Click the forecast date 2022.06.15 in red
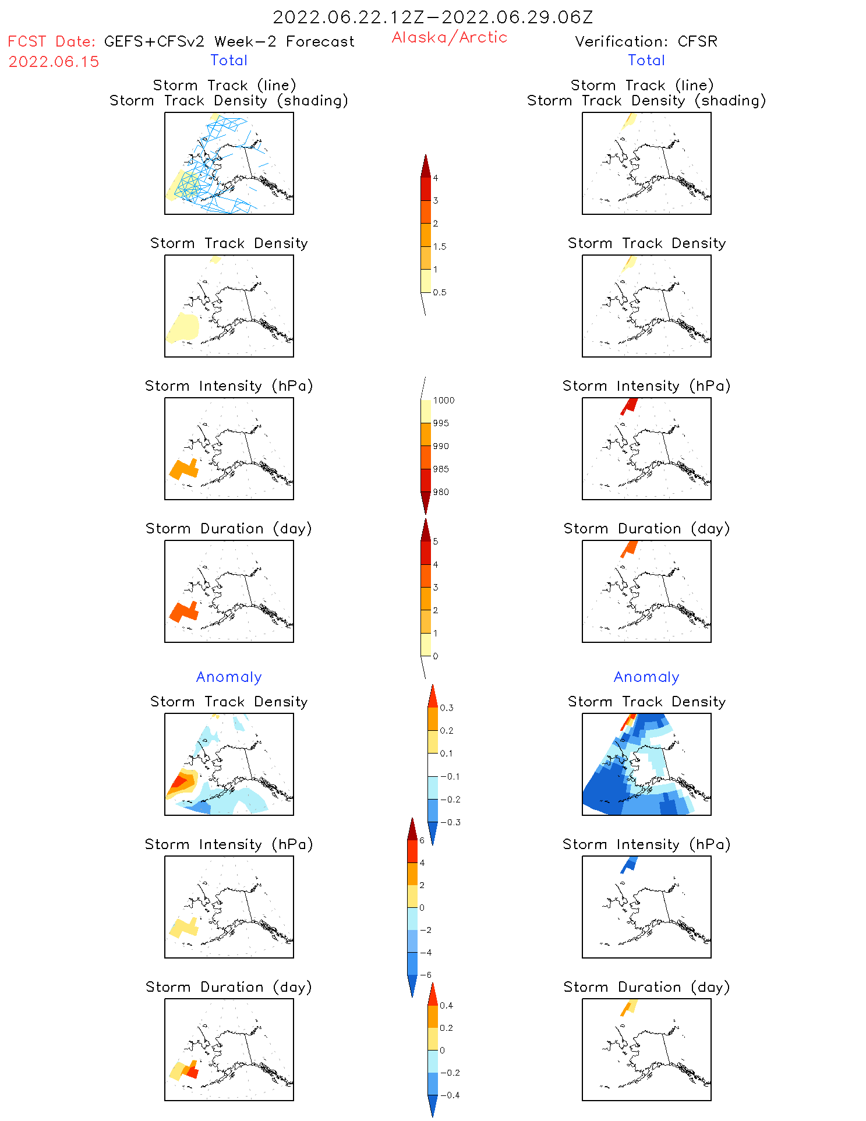[x=54, y=62]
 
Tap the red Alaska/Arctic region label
[x=449, y=37]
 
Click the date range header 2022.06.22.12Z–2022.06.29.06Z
[x=433, y=17]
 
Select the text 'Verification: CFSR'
[x=646, y=41]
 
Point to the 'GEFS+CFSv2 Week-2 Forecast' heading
[x=229, y=41]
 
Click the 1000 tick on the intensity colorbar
[x=443, y=400]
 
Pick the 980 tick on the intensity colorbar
[x=441, y=492]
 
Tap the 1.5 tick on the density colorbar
[x=440, y=246]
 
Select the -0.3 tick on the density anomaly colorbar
[x=450, y=822]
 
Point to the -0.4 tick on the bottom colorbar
[x=449, y=1095]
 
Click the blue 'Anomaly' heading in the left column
[x=229, y=677]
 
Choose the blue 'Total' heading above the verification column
[x=646, y=60]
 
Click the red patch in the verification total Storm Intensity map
[x=629, y=405]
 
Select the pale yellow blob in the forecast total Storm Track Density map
[x=184, y=327]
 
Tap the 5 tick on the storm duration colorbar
[x=436, y=542]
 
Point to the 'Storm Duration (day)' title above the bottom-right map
[x=646, y=987]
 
